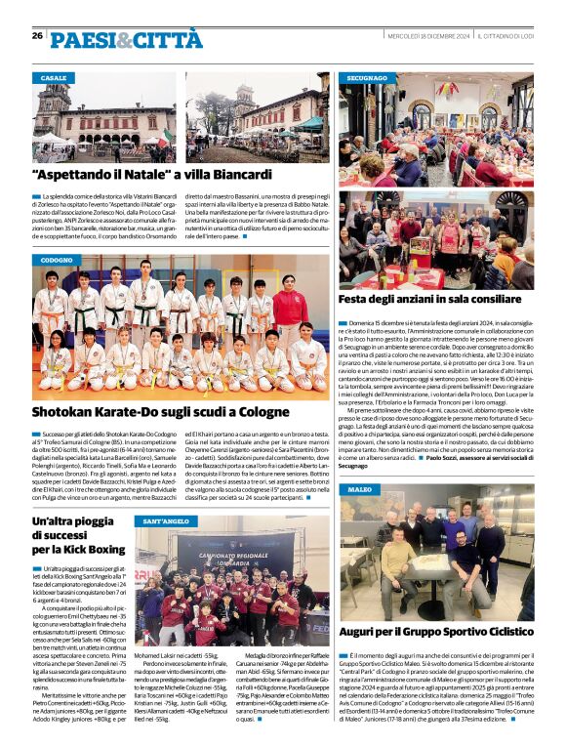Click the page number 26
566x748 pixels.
pyautogui.click(x=37, y=35)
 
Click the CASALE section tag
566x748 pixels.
pyautogui.click(x=55, y=77)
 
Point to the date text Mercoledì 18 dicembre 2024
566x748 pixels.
pyautogui.click(x=429, y=36)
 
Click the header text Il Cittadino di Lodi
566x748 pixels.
pyautogui.click(x=506, y=36)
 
